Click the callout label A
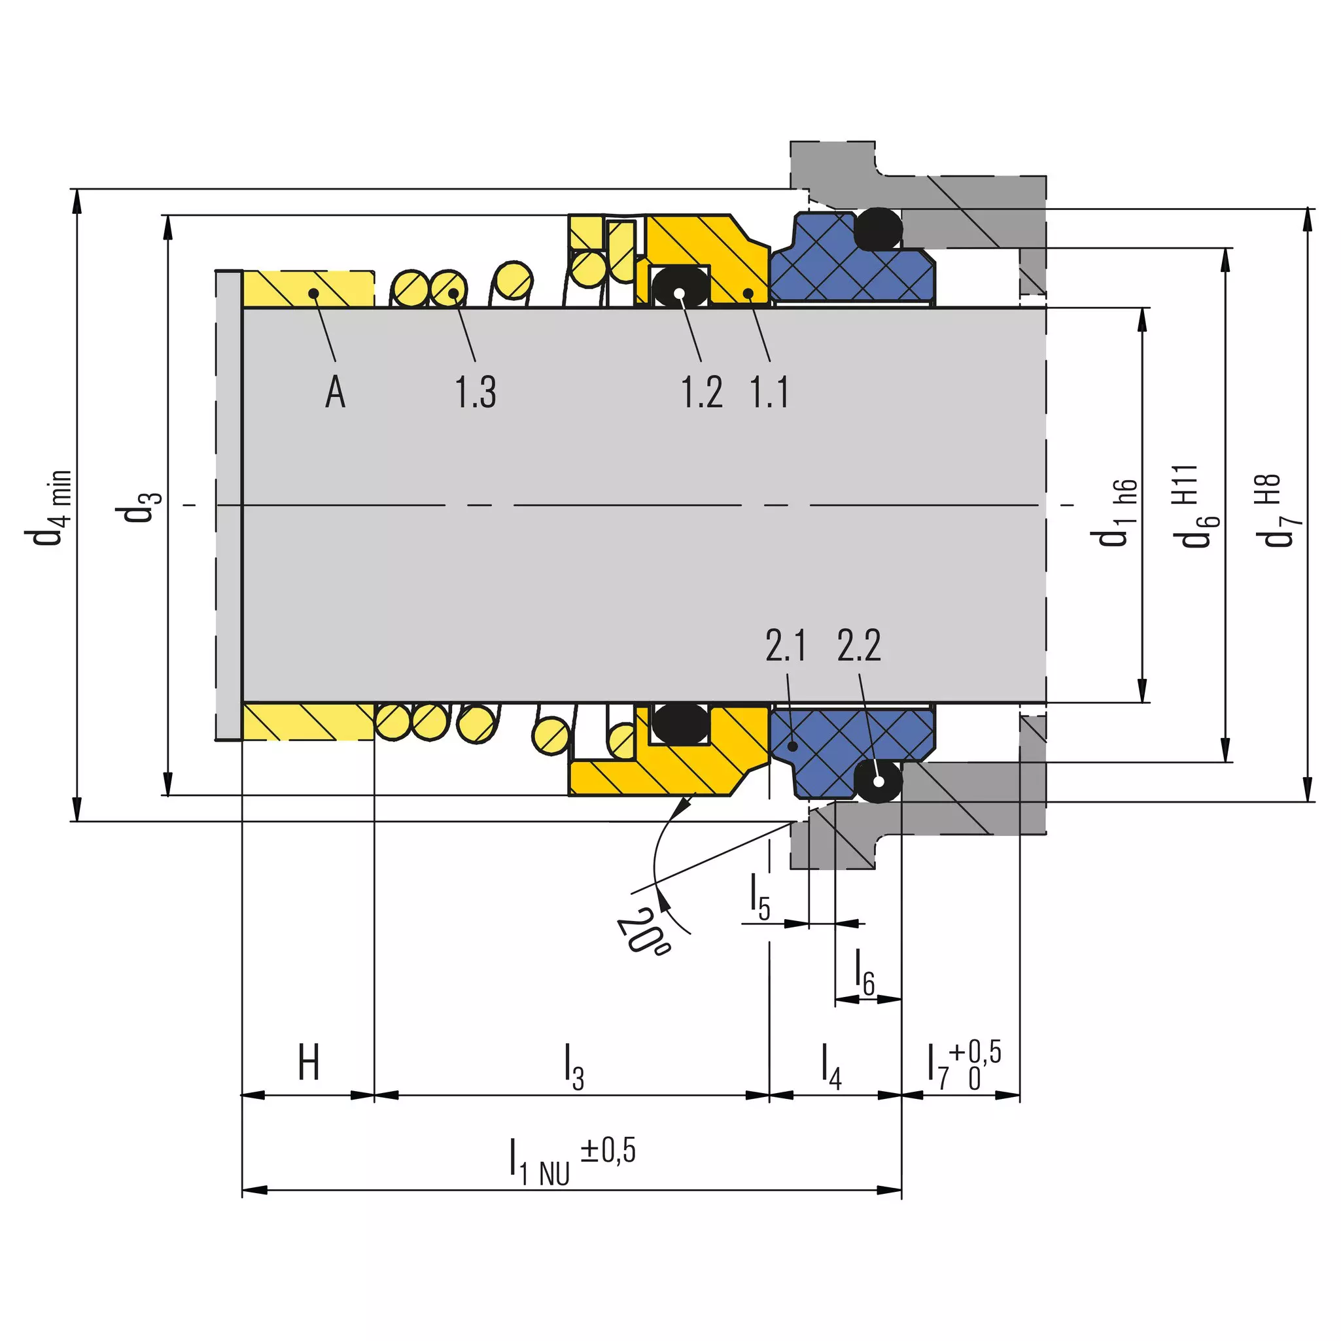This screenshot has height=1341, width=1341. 335,392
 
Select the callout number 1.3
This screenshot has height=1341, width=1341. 476,392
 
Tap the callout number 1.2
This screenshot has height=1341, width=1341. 702,392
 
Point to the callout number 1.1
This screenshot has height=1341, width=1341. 769,392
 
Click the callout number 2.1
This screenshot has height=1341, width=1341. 786,645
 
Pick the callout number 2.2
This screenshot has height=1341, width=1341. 860,645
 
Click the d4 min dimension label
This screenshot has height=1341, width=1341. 48,508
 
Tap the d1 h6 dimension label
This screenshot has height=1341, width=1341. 1115,512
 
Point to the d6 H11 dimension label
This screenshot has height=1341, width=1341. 1196,506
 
